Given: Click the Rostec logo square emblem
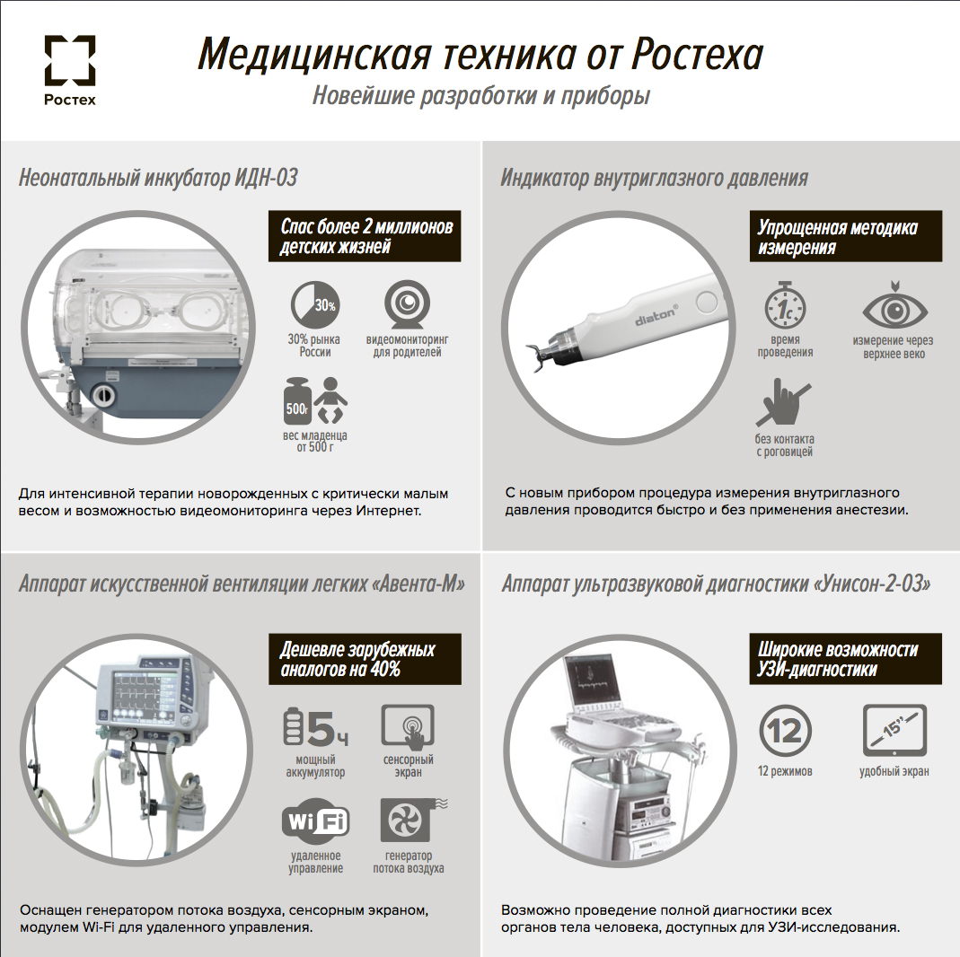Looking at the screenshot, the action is [70, 59].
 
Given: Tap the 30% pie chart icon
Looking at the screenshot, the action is [314, 304].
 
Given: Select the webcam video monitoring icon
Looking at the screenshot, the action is [407, 304].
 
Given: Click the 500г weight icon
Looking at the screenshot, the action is [297, 401].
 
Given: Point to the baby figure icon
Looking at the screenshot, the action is [330, 400].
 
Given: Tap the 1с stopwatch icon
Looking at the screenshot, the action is [785, 305].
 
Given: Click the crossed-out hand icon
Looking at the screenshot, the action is [783, 402].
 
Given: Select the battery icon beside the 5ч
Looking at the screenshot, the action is [294, 726].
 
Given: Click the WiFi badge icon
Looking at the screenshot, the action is [315, 819].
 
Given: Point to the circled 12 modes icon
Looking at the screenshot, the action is [785, 731].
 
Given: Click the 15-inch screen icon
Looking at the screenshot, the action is [894, 731].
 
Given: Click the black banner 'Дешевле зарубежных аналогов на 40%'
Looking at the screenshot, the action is [365, 659].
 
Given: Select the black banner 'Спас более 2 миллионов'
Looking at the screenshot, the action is [365, 236].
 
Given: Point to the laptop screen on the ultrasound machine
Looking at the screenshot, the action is [590, 681].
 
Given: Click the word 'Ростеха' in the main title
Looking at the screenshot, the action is [698, 55].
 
